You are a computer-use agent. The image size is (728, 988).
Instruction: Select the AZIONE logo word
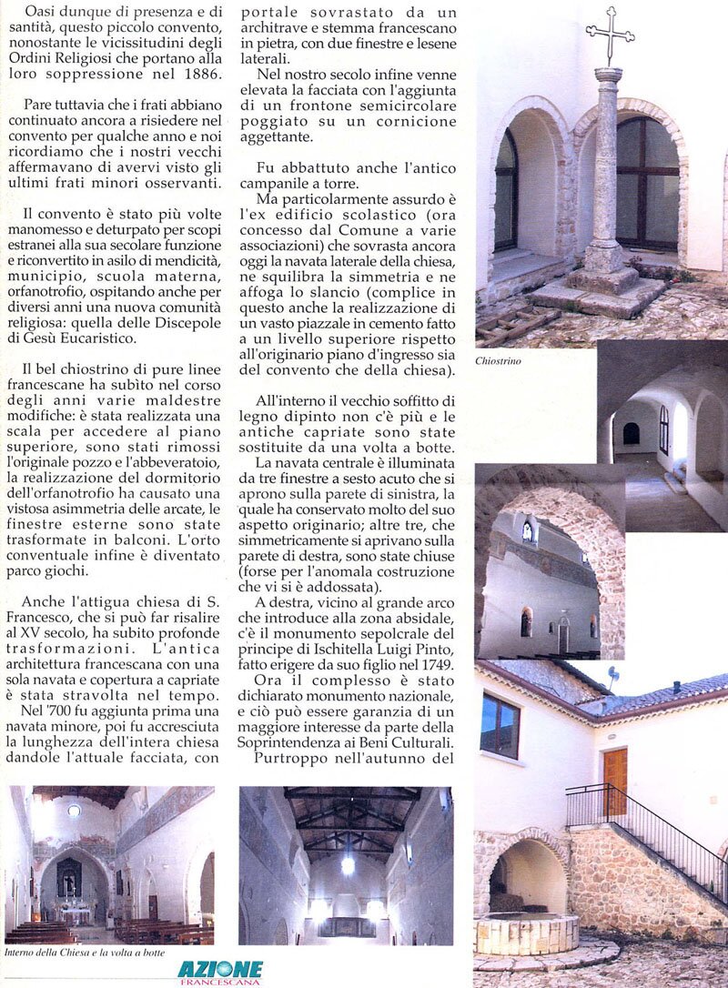coord(220,969)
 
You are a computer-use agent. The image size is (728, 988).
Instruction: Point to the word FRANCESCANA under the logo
coord(220,982)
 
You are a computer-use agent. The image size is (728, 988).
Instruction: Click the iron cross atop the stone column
coord(609,35)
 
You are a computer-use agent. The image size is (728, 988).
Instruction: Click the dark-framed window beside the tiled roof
coord(500,725)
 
